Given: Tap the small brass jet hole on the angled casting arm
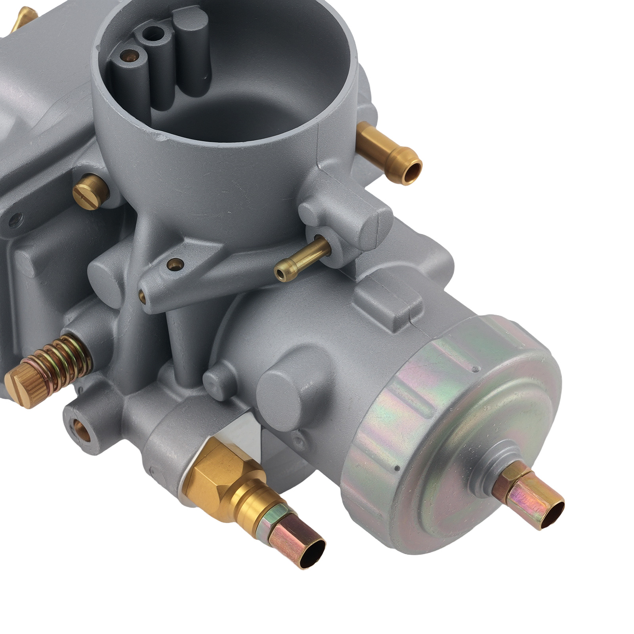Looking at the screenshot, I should [174, 263].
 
